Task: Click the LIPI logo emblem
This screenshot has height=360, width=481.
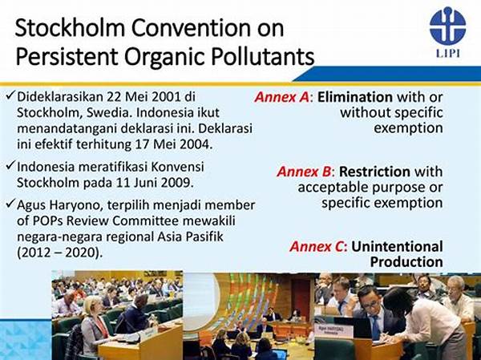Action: (x=447, y=26)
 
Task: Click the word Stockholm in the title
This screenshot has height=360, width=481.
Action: (x=71, y=28)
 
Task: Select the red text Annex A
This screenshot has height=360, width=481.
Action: (x=281, y=97)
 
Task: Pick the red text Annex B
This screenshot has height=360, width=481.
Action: (x=305, y=172)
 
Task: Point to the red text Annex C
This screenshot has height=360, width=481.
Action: (x=317, y=246)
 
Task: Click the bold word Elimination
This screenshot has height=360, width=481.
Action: (x=355, y=97)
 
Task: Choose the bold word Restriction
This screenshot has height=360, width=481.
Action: (x=374, y=172)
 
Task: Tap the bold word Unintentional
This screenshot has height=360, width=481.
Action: (x=397, y=246)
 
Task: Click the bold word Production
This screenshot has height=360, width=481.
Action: (x=406, y=261)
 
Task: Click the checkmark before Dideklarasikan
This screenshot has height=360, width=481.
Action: (x=10, y=95)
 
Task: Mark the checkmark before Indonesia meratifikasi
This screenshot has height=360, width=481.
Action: (x=10, y=166)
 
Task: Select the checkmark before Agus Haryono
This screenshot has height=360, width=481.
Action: (x=10, y=204)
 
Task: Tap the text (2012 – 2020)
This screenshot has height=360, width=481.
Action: (x=59, y=253)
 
